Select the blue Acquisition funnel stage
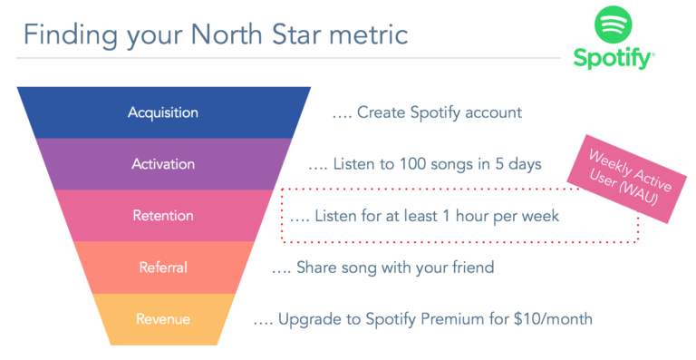pos(163,112)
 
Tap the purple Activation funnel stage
pos(163,164)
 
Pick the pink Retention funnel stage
pos(163,216)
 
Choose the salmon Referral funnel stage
pos(163,268)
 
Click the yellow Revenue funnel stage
pos(163,318)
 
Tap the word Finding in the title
pos(69,35)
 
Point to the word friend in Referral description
pos(470,268)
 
